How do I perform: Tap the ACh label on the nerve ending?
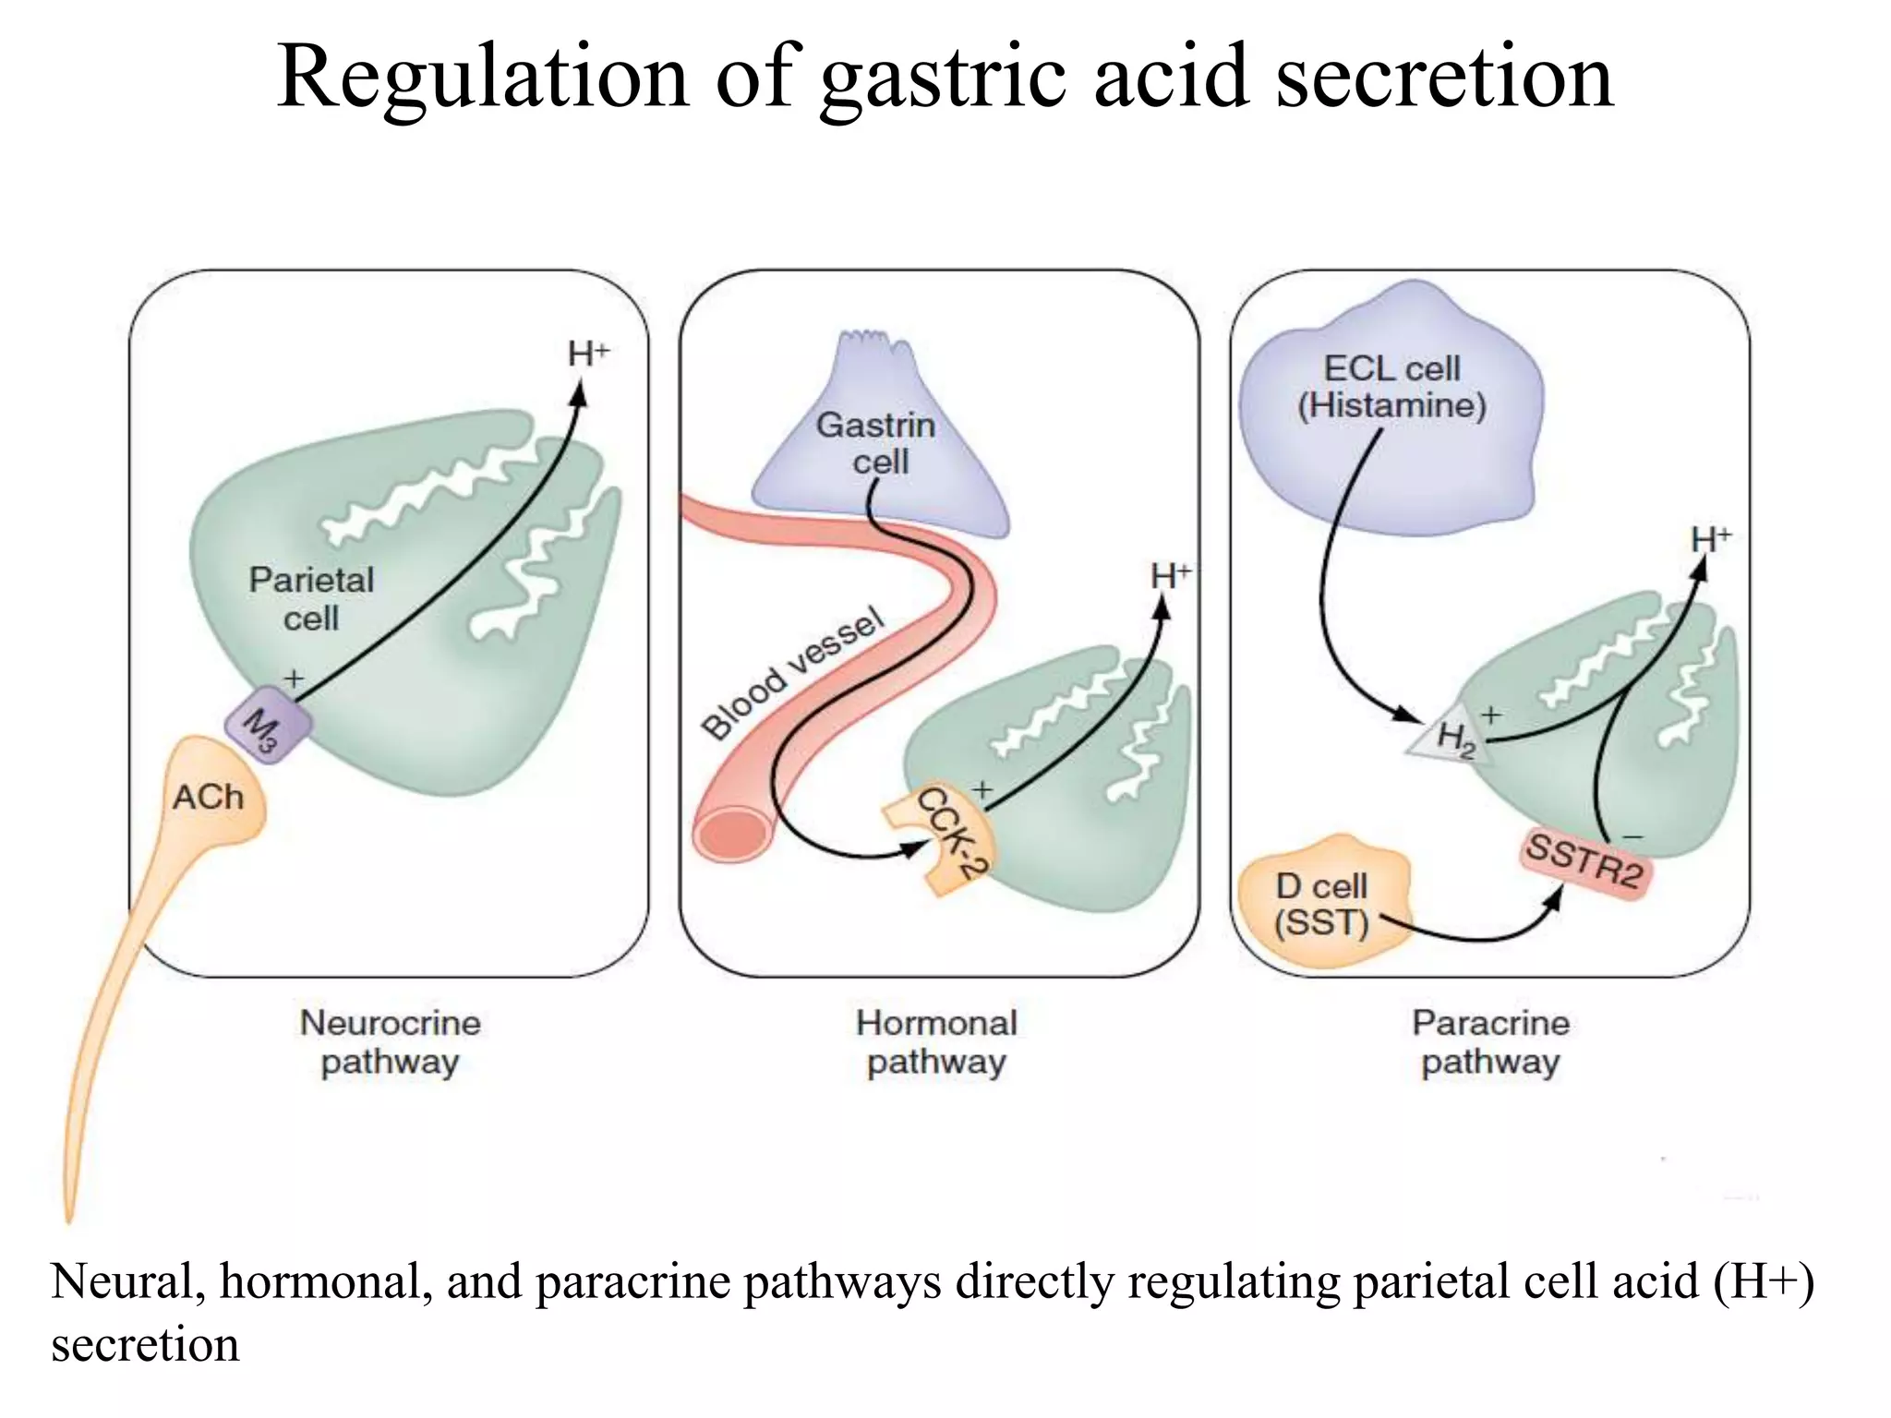pyautogui.click(x=209, y=797)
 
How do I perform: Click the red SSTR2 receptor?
pyautogui.click(x=1584, y=860)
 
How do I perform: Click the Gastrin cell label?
pyautogui.click(x=876, y=443)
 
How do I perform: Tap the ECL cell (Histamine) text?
pyautogui.click(x=1391, y=387)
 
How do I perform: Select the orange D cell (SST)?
pyautogui.click(x=1322, y=904)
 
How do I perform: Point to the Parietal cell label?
pyautogui.click(x=311, y=598)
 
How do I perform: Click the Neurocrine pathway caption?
pyautogui.click(x=390, y=1041)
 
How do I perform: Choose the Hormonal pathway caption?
pyautogui.click(x=936, y=1041)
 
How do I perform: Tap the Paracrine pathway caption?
pyautogui.click(x=1490, y=1041)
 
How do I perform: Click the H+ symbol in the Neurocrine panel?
pyautogui.click(x=588, y=354)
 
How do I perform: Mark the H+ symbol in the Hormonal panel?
pyautogui.click(x=1170, y=577)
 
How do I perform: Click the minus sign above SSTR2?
pyautogui.click(x=1632, y=836)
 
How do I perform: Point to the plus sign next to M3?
pyautogui.click(x=293, y=679)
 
